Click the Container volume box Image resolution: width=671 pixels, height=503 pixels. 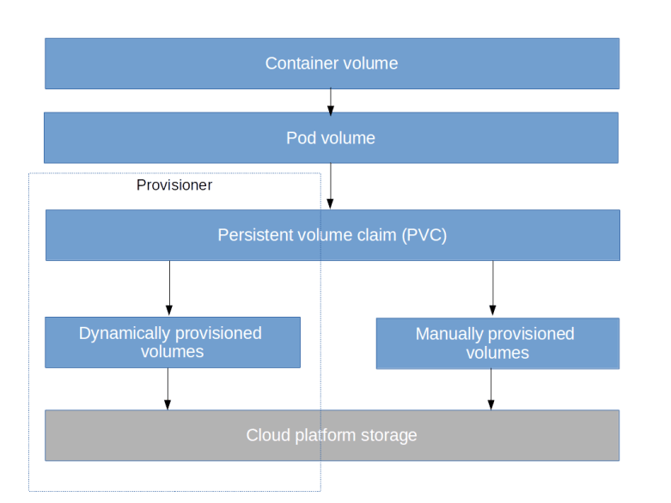click(x=331, y=64)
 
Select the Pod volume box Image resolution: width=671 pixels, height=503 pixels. click(x=331, y=138)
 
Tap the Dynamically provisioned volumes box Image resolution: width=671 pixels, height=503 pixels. click(x=172, y=342)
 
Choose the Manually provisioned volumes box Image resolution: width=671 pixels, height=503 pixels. click(x=497, y=343)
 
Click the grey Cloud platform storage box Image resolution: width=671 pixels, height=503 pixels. click(x=331, y=435)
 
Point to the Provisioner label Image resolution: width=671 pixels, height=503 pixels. click(x=174, y=185)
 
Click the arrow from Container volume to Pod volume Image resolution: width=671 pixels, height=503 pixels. click(x=331, y=101)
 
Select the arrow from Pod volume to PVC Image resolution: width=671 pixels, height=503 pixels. click(x=331, y=186)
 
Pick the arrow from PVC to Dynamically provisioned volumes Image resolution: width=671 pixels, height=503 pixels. click(x=169, y=288)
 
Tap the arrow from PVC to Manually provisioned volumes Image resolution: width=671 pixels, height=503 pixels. click(x=492, y=288)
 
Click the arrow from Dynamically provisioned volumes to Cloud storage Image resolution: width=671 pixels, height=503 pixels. click(x=168, y=389)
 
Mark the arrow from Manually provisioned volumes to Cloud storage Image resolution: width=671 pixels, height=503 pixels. click(x=491, y=390)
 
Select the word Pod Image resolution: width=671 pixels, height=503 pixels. click(x=301, y=138)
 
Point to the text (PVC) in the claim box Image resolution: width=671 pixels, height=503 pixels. click(x=424, y=235)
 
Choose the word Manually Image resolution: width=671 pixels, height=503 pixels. click(x=449, y=334)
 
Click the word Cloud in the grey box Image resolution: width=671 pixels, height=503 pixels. click(x=267, y=435)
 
